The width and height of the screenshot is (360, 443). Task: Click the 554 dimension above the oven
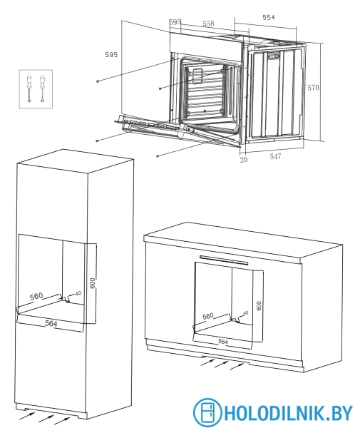[268, 18]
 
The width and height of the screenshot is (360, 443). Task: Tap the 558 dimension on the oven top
[208, 24]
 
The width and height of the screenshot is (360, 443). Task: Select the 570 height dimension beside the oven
[314, 88]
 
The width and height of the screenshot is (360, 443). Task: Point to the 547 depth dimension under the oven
[275, 156]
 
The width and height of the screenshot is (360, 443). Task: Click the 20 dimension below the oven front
[243, 160]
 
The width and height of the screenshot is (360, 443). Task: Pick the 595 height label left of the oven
[111, 54]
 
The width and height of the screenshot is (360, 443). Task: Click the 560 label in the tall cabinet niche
[36, 296]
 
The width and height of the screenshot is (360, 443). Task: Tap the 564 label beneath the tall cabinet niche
[51, 323]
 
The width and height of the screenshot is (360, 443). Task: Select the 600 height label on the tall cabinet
[93, 282]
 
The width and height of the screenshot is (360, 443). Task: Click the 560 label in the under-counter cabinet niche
[208, 316]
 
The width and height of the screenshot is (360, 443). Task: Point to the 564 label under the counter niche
[223, 342]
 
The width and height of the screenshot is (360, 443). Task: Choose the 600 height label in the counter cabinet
[259, 306]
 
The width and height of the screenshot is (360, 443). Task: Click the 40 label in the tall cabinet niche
[78, 293]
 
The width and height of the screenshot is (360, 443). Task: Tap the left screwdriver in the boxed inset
[29, 88]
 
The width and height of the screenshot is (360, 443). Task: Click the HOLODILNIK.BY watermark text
[288, 413]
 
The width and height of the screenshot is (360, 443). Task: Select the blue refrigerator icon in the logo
[207, 412]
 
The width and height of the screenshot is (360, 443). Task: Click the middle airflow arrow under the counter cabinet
[221, 365]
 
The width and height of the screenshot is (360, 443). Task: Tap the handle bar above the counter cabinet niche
[224, 260]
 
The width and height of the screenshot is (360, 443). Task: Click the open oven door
[178, 131]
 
